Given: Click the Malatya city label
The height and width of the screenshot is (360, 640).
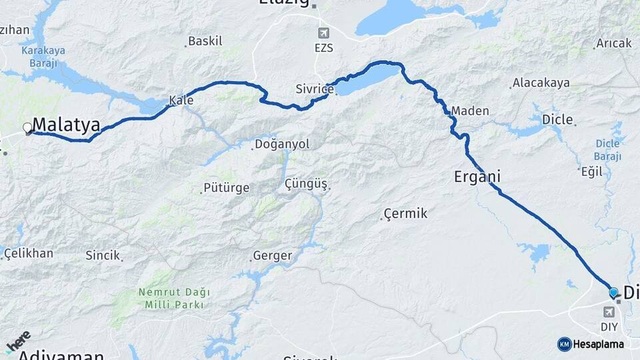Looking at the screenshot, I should pos(66,125).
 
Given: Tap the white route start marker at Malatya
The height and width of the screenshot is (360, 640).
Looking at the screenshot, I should pos(27,127).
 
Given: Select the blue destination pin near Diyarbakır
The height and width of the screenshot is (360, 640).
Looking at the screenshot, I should pos(613,292).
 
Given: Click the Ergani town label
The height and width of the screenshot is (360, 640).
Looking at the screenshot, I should pos(477,177).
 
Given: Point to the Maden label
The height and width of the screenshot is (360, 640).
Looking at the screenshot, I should pos(470,111).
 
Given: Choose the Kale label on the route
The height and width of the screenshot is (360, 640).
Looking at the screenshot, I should pos(181,101).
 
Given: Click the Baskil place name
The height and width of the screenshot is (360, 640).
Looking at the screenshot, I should pos(205,41).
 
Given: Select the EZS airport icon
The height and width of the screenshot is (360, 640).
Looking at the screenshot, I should pos(324,33).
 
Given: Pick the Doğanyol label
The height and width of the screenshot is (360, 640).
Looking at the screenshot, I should pos(282,144).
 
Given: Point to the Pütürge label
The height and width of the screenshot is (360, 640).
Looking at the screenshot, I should pos(227,188).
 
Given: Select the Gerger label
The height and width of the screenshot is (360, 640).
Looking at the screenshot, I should pos(273,256).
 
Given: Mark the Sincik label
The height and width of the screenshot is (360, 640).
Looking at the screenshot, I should pos(103,255).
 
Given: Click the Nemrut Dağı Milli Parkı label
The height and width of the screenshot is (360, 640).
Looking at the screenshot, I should pos(174,298).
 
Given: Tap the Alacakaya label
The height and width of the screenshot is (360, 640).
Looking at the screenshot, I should pos(541,83).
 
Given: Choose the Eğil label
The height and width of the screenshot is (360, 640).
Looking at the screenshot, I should pos(591,171).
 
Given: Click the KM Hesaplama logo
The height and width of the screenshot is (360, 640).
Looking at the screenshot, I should pos(591,344).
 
